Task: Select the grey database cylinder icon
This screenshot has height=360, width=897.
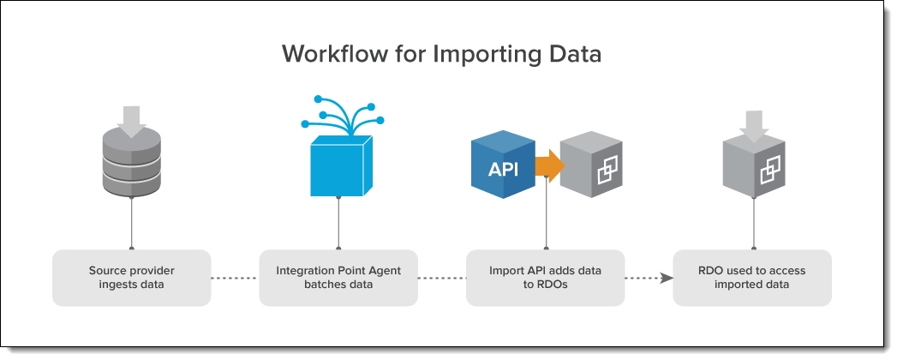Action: [132, 161]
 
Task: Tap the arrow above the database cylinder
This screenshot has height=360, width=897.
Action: [132, 122]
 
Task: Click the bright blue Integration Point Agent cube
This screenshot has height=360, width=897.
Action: [341, 166]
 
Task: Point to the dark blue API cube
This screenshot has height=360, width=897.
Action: [504, 165]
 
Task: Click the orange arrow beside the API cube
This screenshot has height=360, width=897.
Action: [550, 165]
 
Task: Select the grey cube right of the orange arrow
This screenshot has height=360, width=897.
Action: [591, 165]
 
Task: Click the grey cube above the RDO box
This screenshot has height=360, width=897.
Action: [753, 166]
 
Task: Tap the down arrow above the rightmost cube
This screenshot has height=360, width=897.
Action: [753, 127]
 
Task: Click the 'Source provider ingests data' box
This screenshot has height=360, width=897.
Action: [132, 278]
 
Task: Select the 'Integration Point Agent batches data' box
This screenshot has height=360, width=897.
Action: [338, 278]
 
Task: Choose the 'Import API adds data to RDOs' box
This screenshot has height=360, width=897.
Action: [545, 278]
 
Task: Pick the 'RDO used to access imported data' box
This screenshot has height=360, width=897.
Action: [751, 278]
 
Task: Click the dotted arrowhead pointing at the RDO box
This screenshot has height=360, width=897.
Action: [667, 279]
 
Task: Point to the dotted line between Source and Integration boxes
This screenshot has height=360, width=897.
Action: [235, 279]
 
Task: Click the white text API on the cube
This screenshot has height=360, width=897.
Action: [503, 170]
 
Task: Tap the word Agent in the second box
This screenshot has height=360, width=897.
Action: [386, 271]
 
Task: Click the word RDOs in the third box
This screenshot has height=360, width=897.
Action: [553, 285]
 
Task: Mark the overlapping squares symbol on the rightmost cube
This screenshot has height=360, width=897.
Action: [770, 171]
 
